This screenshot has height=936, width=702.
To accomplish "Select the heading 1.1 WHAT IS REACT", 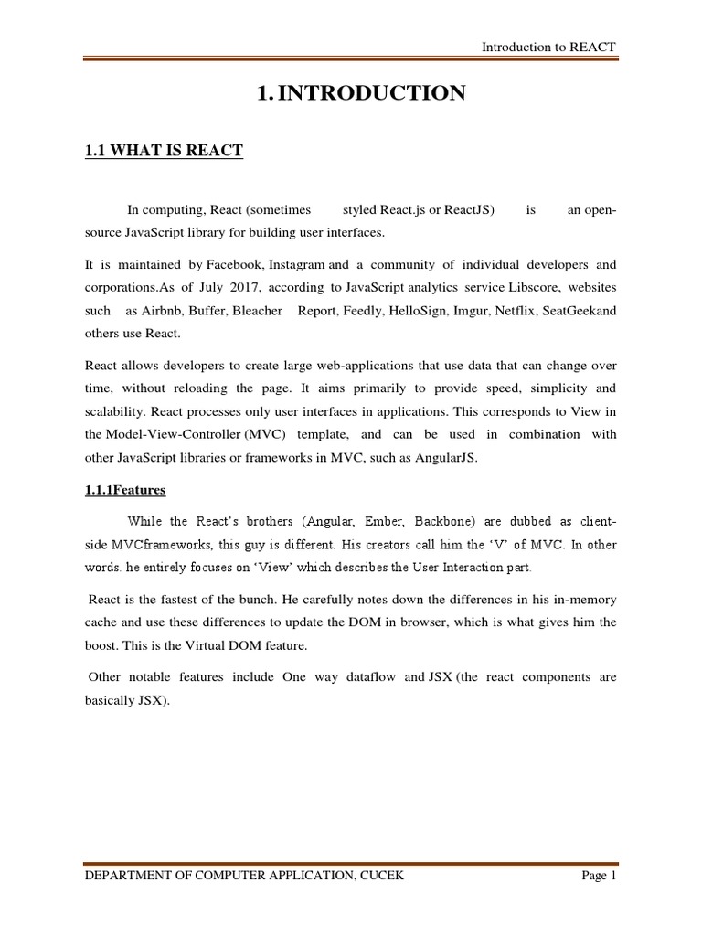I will pos(164,151).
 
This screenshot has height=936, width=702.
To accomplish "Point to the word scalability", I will pos(114,412).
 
